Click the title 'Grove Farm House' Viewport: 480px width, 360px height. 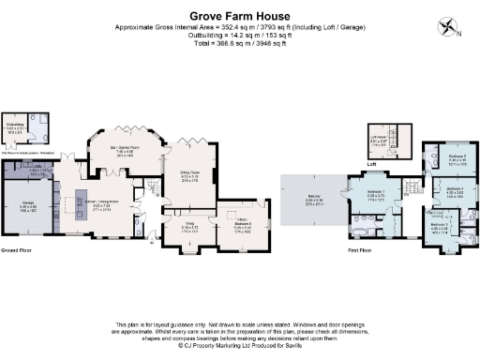click(x=239, y=15)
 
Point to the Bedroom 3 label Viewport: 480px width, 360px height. click(x=441, y=226)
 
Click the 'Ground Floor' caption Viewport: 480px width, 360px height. click(x=18, y=252)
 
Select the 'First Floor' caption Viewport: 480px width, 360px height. click(x=361, y=252)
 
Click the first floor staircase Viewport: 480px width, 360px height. click(x=410, y=187)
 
